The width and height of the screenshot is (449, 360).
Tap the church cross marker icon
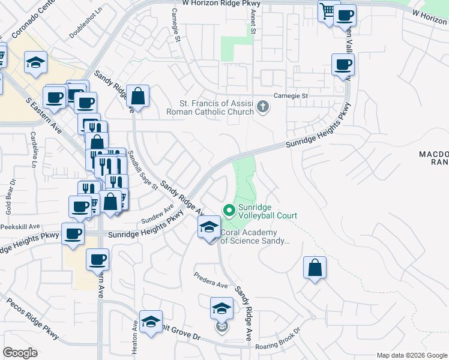pyautogui.click(x=262, y=107)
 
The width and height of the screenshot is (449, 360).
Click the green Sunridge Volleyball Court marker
pyautogui.click(x=228, y=210)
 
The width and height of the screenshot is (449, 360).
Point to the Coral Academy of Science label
pyautogui.click(x=256, y=236)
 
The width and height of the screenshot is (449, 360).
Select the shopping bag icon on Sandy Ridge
pyautogui.click(x=137, y=97)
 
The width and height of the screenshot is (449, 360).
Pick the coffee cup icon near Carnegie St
pyautogui.click(x=343, y=65)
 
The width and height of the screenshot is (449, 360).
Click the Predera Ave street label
pyautogui.click(x=210, y=280)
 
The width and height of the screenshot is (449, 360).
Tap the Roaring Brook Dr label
pyautogui.click(x=277, y=340)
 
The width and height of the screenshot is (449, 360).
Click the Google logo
pyautogui.click(x=20, y=353)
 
